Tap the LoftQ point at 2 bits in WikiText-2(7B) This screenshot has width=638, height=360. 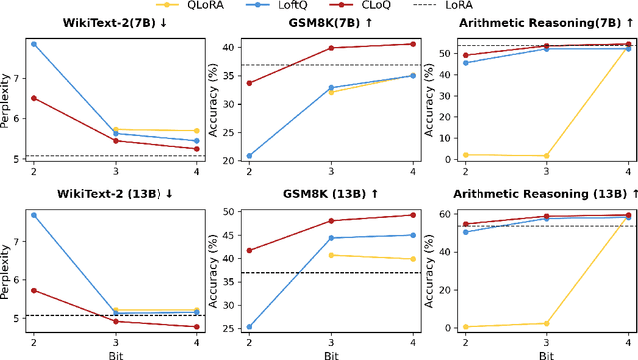[34, 44]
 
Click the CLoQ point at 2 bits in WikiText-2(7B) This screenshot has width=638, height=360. [34, 98]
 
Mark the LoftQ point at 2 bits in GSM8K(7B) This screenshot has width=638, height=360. [249, 156]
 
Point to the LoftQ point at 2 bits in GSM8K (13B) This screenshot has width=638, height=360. [249, 326]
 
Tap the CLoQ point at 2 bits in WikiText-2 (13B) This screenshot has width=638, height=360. [34, 290]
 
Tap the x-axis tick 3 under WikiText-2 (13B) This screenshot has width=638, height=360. [116, 341]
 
